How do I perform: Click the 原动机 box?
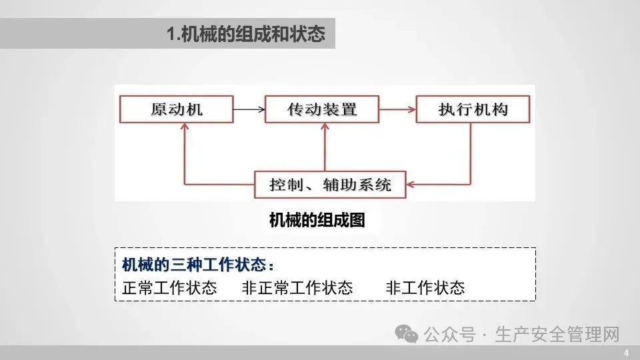tap(176, 109)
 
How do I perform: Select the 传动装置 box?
tap(322, 109)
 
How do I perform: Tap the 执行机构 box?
tap(473, 109)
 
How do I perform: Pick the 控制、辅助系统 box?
tap(330, 185)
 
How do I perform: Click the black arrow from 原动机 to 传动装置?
tap(249, 109)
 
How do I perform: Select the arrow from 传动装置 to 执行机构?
tap(397, 109)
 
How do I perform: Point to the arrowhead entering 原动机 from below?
tap(185, 127)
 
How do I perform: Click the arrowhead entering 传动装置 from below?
tap(325, 127)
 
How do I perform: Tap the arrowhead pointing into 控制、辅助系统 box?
tap(411, 185)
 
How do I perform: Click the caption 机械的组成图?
tap(317, 221)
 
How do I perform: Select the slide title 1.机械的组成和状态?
tap(246, 33)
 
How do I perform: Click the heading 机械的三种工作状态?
tap(198, 265)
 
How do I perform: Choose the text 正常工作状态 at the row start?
tap(169, 288)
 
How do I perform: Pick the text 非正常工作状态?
tap(297, 288)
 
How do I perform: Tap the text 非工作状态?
tap(425, 288)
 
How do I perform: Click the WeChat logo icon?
tap(407, 334)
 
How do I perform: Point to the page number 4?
tap(627, 353)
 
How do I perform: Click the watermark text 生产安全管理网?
tap(557, 335)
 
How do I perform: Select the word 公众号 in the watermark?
tap(449, 335)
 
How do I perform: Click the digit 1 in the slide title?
tap(171, 33)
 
